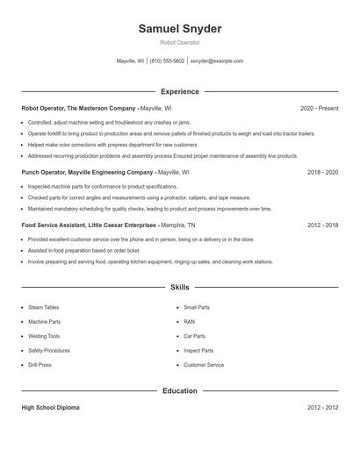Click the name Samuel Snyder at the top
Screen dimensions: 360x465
tap(180, 29)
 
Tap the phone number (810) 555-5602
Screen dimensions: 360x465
tap(167, 61)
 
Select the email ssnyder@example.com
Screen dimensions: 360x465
tap(217, 61)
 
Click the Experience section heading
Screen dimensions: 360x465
tap(180, 91)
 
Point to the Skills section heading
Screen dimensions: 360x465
tap(180, 287)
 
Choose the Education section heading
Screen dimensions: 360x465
tap(180, 390)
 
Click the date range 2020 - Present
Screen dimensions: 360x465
tap(319, 108)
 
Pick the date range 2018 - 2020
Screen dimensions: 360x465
tap(322, 173)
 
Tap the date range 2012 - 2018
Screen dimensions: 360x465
tap(322, 225)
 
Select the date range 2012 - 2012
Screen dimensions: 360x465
tap(322, 409)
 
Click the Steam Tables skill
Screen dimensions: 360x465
tap(43, 308)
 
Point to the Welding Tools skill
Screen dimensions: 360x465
tap(44, 336)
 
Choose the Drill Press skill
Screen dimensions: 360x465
tap(40, 365)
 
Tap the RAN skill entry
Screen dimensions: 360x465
tap(190, 322)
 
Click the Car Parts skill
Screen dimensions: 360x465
tap(194, 336)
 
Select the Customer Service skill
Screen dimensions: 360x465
tap(204, 365)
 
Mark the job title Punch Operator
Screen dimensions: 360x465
tap(44, 173)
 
